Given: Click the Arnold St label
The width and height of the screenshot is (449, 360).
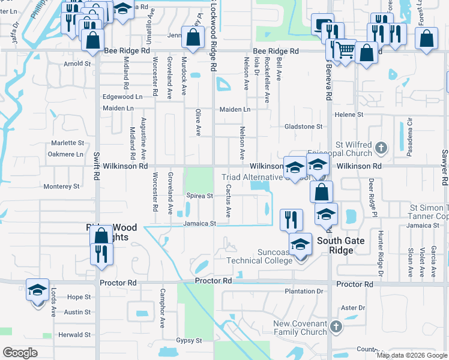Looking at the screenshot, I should [x=77, y=63].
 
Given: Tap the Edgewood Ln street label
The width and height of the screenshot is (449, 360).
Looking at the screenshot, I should [x=122, y=97].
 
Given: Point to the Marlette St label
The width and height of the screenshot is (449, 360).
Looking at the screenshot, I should [x=67, y=143].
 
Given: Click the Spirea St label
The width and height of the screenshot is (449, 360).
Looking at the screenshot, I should [x=200, y=196].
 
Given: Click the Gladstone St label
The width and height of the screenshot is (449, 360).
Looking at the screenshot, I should [x=303, y=127].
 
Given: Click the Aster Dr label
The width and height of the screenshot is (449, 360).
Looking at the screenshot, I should [x=353, y=308].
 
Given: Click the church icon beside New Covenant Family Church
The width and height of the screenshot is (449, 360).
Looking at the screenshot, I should [x=336, y=327].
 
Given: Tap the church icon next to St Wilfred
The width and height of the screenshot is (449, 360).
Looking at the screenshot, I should [x=380, y=147].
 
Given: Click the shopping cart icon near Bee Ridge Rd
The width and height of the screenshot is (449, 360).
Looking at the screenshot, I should [x=345, y=51].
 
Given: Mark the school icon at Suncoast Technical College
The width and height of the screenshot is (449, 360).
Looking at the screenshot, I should [x=300, y=244].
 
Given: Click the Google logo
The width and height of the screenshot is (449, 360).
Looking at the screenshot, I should [x=20, y=353].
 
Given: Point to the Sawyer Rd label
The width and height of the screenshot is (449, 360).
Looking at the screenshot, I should [x=445, y=167].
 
